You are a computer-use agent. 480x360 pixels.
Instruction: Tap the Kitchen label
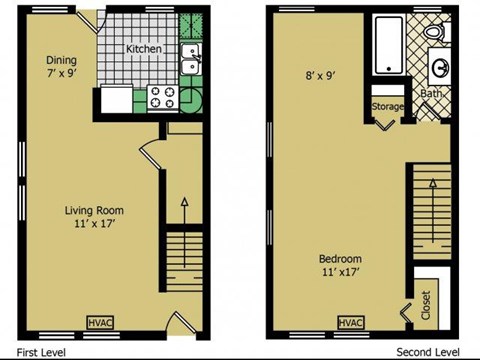143,49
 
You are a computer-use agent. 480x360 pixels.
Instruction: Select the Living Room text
93,210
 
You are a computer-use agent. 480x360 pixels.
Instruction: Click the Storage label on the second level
387,105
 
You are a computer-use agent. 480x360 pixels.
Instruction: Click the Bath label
431,94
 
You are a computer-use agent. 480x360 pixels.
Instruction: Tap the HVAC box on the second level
349,323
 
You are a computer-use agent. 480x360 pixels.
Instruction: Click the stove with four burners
162,97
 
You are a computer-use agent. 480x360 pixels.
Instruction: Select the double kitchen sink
189,59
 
